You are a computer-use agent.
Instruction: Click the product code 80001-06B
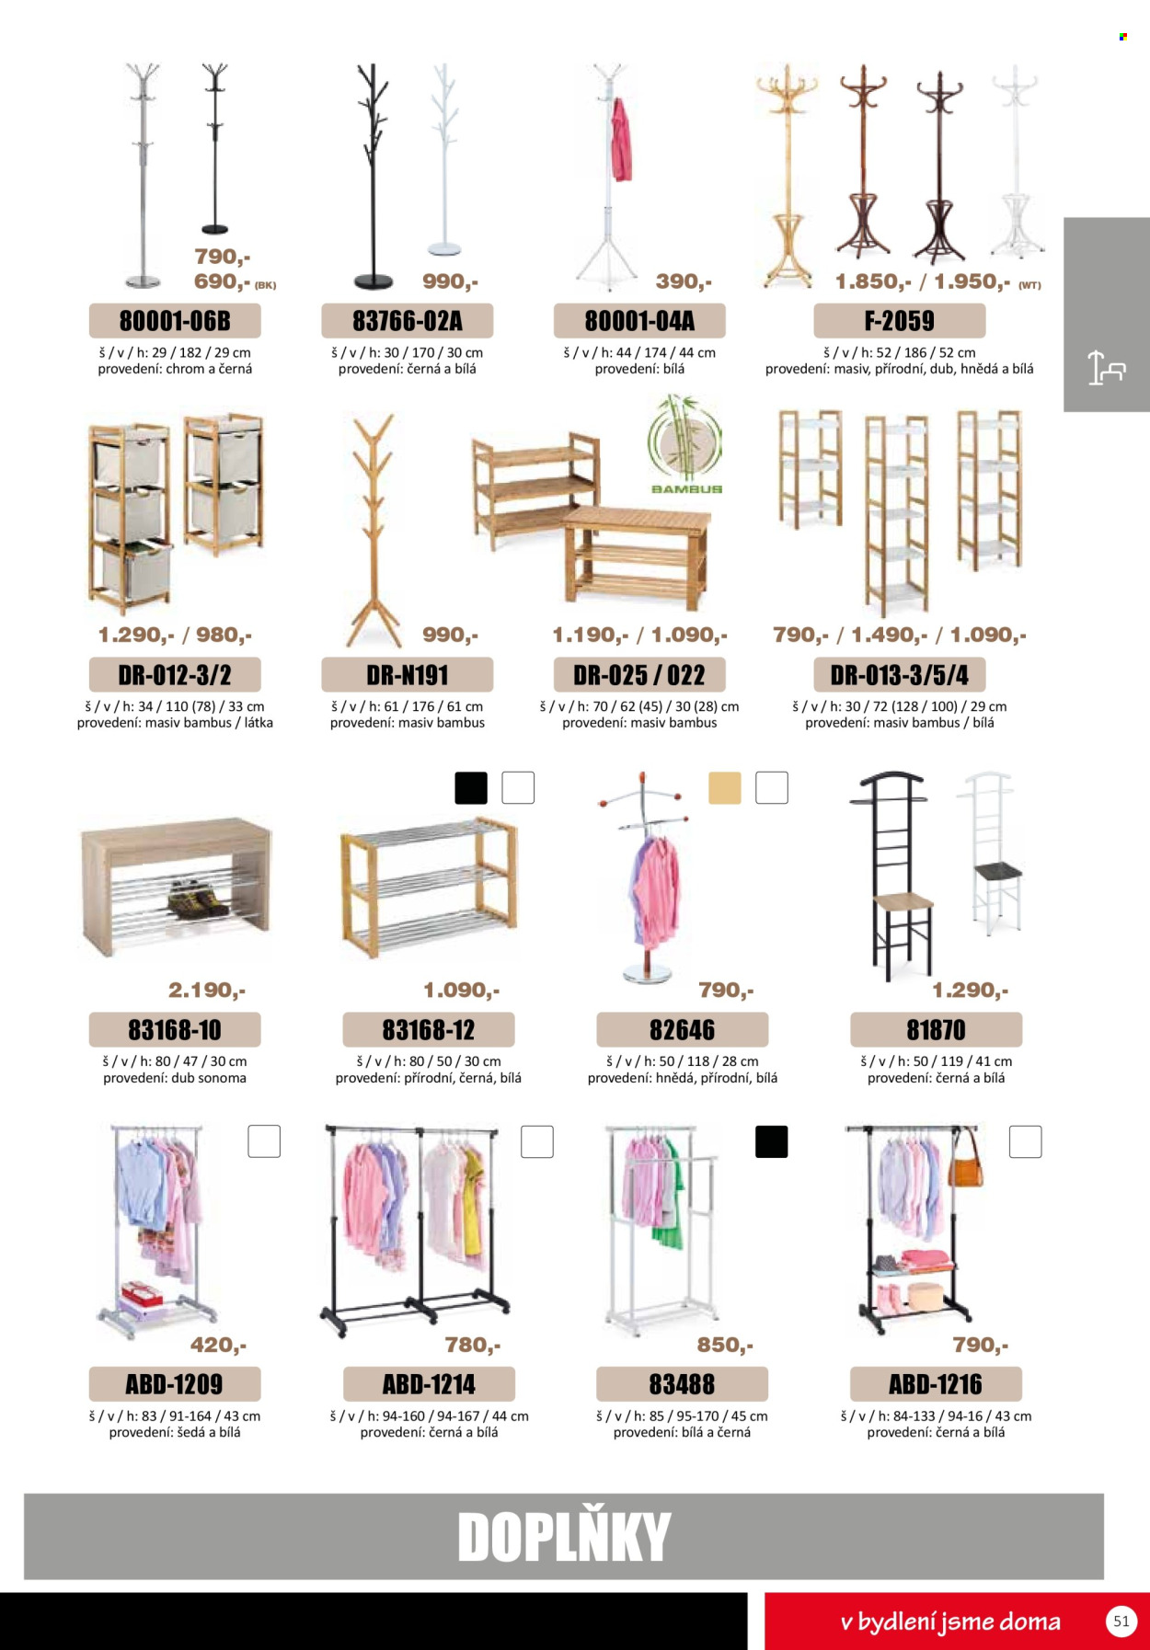[x=175, y=321]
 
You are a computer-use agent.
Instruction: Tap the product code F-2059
[x=899, y=321]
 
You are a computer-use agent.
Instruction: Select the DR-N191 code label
[x=407, y=675]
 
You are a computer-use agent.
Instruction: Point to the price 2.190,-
[x=207, y=990]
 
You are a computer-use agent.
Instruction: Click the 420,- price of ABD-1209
[x=218, y=1345]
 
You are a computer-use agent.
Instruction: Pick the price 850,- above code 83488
[x=725, y=1345]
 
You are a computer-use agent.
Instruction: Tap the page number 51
[x=1121, y=1621]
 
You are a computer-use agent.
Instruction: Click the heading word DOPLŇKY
[x=564, y=1536]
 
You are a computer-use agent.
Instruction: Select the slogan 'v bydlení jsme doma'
[x=950, y=1621]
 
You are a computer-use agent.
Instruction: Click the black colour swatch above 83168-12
[x=471, y=788]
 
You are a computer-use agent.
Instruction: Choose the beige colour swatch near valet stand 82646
[x=725, y=788]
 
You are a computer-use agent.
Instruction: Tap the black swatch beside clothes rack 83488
[x=771, y=1141]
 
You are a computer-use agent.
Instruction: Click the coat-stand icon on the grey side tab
[x=1106, y=368]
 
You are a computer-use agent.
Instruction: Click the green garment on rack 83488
[x=672, y=1196]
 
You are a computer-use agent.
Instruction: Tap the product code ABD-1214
[x=429, y=1384]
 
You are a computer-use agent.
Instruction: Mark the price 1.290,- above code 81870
[x=970, y=990]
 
